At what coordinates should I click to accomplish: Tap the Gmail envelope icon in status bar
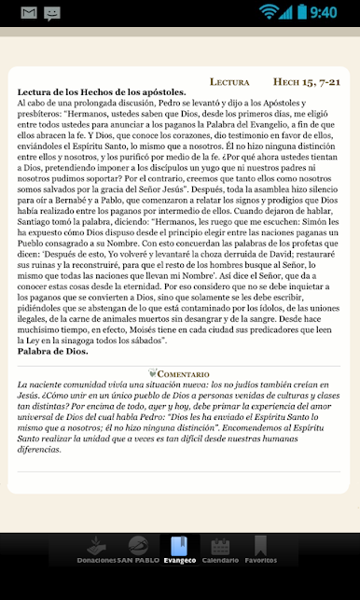pos(28,13)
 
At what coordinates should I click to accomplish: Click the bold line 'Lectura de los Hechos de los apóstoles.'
pos(102,92)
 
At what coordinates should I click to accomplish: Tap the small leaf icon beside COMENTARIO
pos(151,373)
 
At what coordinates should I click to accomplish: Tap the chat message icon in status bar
pos(52,13)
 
